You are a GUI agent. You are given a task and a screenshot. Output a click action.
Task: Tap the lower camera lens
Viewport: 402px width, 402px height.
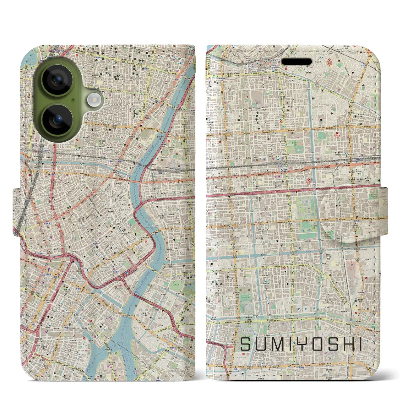coord(57,120)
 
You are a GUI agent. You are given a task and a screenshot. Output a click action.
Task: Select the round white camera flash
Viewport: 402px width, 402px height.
coord(94,100)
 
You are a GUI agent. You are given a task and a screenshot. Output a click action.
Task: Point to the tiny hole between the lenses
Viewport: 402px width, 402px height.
coord(73,100)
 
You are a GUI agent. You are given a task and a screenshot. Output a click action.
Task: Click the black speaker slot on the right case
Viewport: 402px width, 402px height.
coord(296,62)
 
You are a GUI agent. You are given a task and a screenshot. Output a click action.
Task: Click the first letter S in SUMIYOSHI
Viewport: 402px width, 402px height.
coord(246,345)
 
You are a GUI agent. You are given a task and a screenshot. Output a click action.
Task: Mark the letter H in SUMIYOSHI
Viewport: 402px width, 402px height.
coord(349,345)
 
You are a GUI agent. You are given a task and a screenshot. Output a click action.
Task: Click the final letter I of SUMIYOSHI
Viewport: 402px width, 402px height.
coord(360,345)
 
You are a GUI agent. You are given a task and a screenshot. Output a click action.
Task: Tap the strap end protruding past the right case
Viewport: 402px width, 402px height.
coord(384,210)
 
